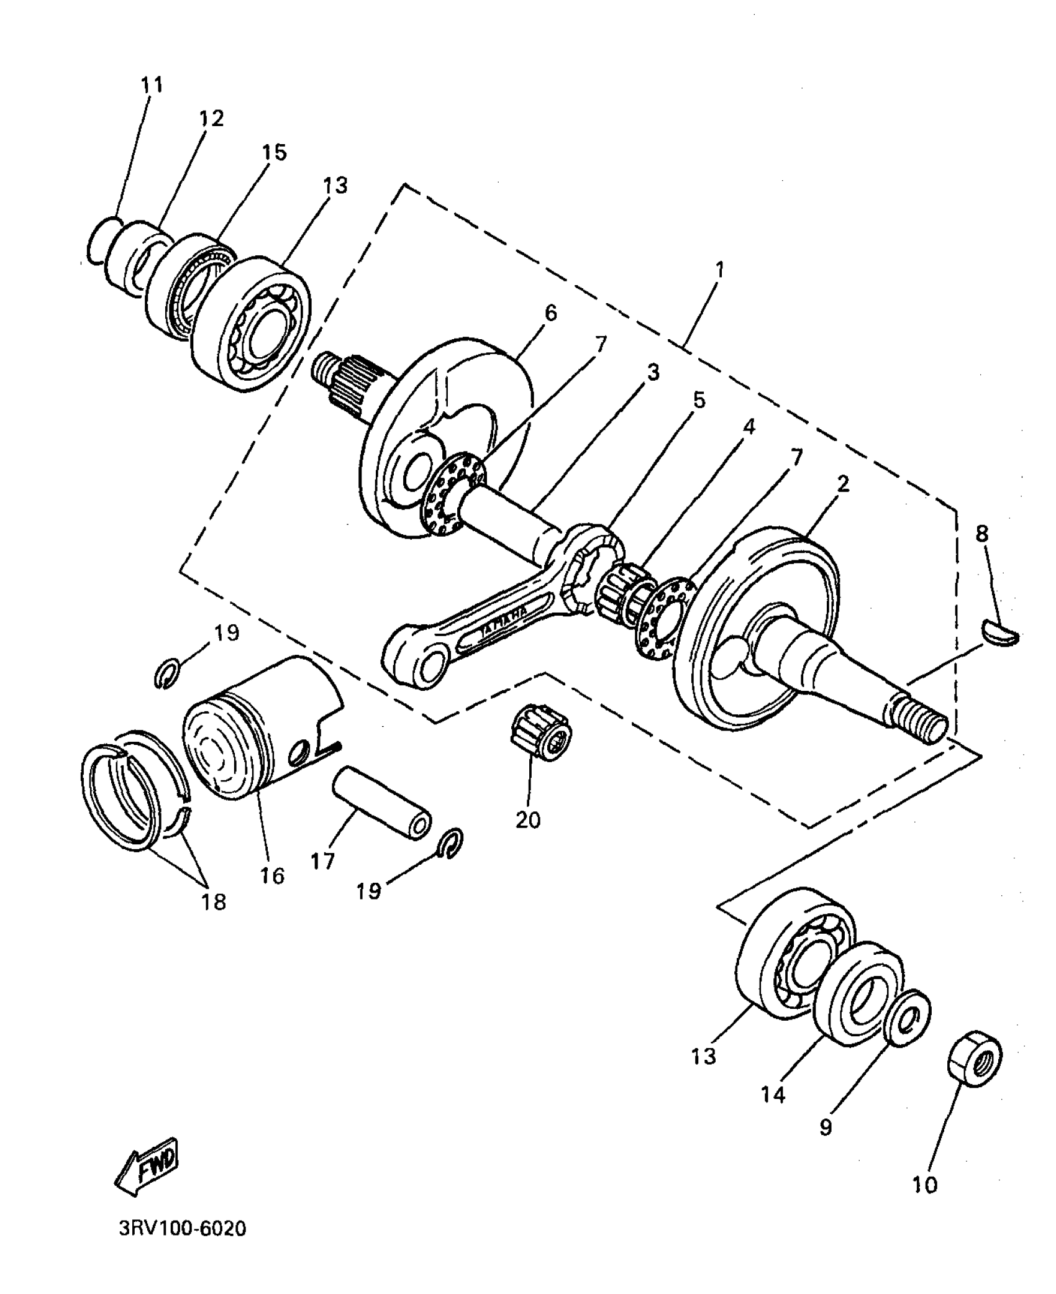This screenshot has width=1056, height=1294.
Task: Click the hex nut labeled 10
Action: (974, 1067)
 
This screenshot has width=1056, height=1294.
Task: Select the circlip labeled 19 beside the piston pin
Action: (452, 845)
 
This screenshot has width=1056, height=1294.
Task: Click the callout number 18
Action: (214, 901)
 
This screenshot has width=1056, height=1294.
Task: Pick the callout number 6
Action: (550, 312)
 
